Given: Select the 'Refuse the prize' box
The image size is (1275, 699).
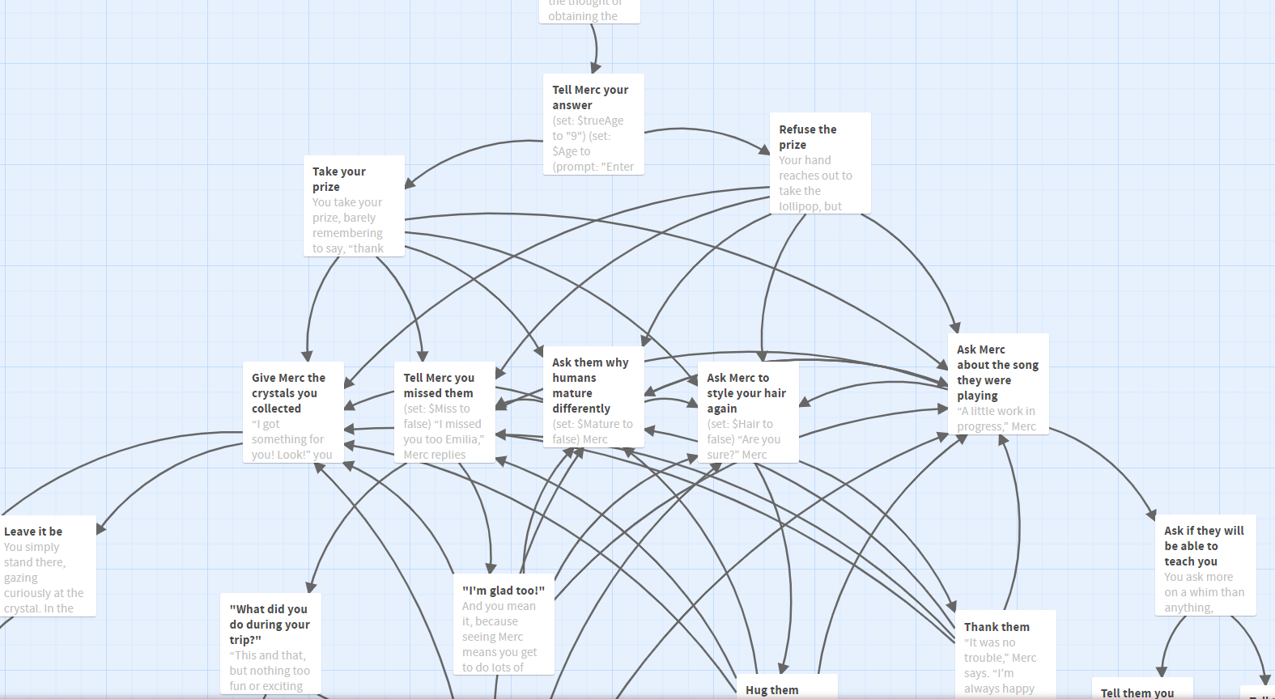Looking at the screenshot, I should (x=819, y=163).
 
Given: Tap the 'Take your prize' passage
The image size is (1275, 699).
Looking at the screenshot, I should (x=354, y=205).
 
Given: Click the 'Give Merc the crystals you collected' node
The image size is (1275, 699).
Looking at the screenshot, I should (x=292, y=412).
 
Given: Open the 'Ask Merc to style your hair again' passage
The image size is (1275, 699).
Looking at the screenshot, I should (x=747, y=412).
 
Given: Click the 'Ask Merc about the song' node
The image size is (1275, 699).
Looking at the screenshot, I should (x=997, y=383).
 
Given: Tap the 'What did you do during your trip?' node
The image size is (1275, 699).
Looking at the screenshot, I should (x=270, y=643).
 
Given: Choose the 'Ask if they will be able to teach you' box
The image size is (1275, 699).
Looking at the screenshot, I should (x=1204, y=565).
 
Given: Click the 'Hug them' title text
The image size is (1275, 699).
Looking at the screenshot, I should (x=771, y=690).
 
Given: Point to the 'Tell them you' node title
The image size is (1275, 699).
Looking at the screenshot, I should (x=1137, y=693).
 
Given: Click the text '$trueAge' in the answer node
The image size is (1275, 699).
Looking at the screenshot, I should (x=600, y=121).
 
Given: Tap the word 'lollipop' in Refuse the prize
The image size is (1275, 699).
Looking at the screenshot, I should (x=798, y=206).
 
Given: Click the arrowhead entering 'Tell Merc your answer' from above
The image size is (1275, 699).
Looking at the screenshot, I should (x=594, y=69).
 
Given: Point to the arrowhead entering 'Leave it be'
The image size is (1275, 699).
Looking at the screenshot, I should (x=100, y=529).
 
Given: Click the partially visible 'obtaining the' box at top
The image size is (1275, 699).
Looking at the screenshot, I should (x=589, y=11).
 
